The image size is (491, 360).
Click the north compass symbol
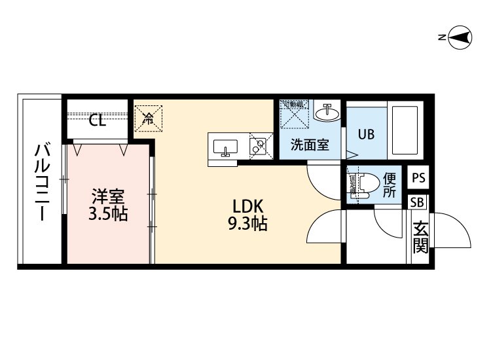[x=460, y=39]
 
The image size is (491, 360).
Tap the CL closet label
[x=98, y=120]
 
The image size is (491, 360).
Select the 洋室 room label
[x=108, y=196]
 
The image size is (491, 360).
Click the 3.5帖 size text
[x=108, y=213]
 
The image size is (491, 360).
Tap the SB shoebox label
[x=417, y=202]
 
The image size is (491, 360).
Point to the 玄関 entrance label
[x=420, y=237]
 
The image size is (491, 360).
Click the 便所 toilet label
[x=390, y=185]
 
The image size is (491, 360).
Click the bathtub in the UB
[x=405, y=129]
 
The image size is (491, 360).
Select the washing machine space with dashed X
[x=293, y=115]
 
